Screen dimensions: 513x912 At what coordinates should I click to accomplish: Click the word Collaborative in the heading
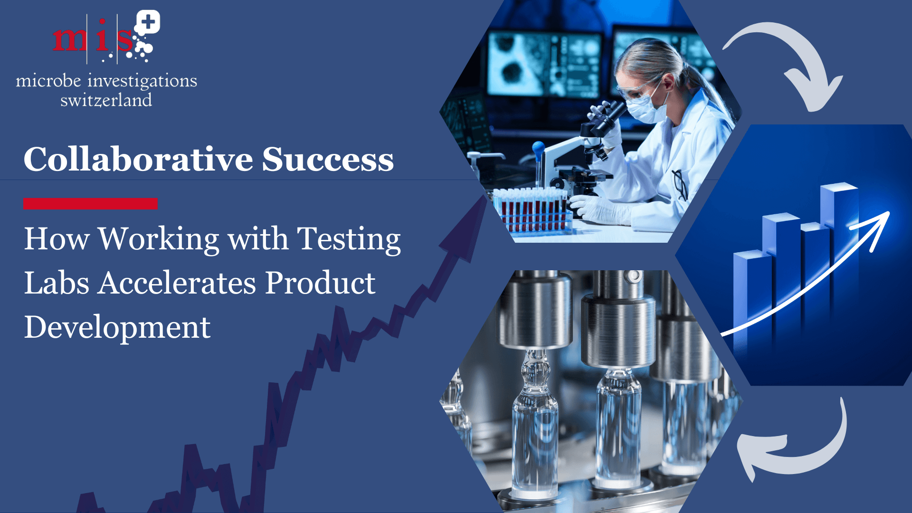138,159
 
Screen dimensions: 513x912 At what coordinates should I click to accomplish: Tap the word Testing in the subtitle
349,239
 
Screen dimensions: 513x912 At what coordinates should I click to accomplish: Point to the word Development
117,327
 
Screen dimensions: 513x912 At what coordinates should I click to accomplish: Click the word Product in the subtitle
320,283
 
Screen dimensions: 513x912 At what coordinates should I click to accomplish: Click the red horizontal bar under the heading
90,204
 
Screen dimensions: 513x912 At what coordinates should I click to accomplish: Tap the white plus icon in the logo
148,22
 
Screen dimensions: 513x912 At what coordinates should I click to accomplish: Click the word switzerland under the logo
106,100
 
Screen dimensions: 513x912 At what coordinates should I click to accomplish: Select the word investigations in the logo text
142,81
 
